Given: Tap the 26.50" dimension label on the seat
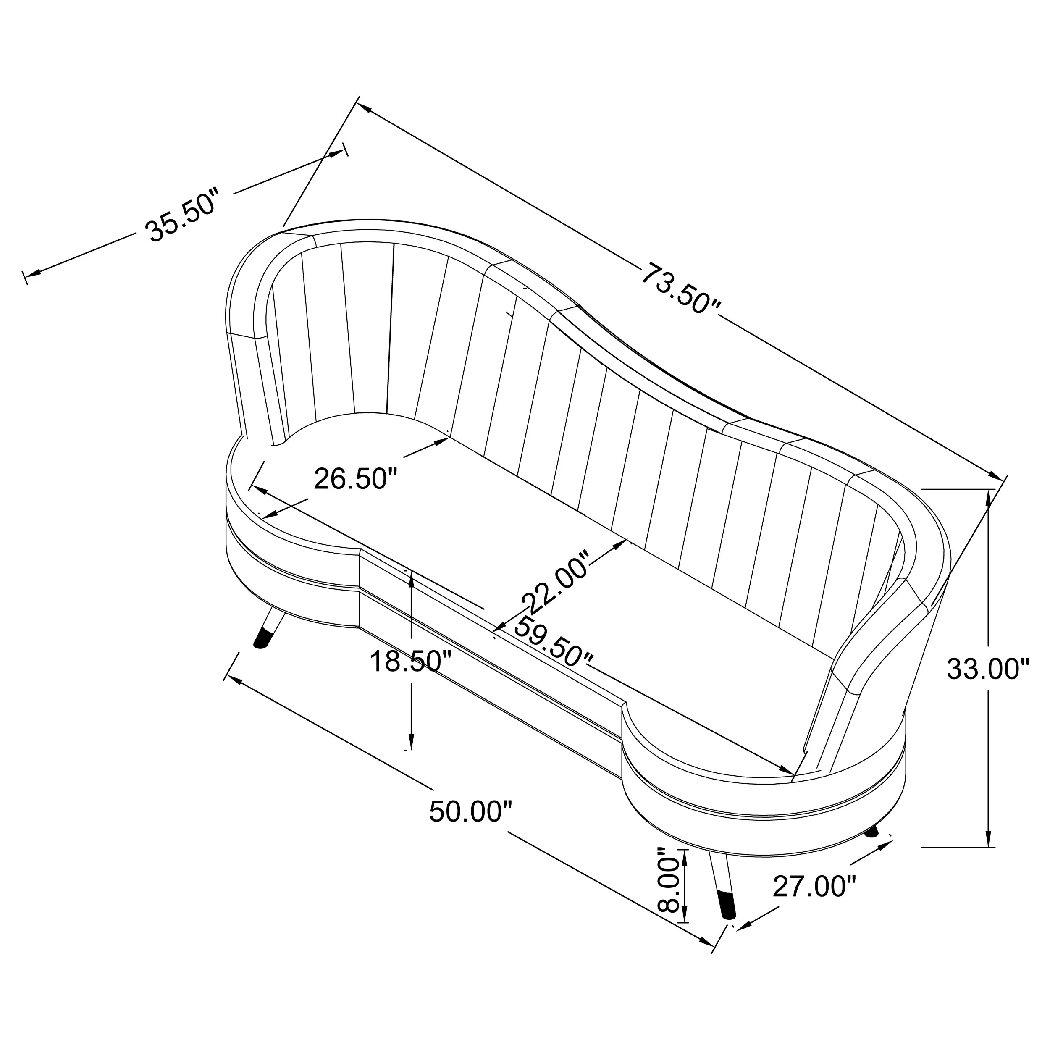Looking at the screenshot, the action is click(356, 479).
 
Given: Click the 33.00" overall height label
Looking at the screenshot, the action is click(989, 669).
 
